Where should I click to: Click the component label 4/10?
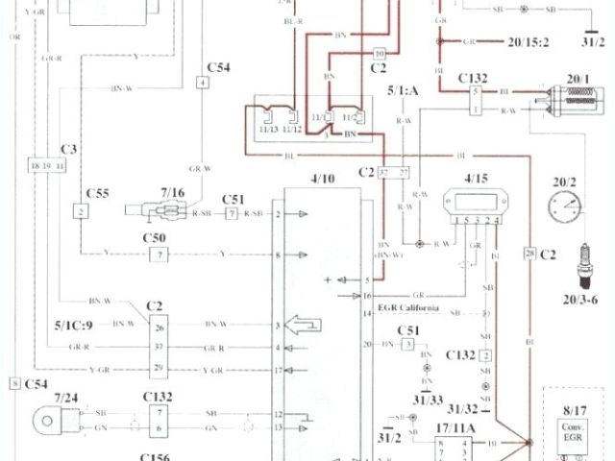[x=324, y=179]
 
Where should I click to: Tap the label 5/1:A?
[x=405, y=91]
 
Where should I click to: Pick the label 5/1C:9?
[x=76, y=324]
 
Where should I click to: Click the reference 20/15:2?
[x=520, y=41]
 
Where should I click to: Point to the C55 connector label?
[x=97, y=192]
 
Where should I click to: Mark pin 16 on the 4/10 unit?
[x=367, y=296]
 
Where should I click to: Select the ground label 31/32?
[x=463, y=408]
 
